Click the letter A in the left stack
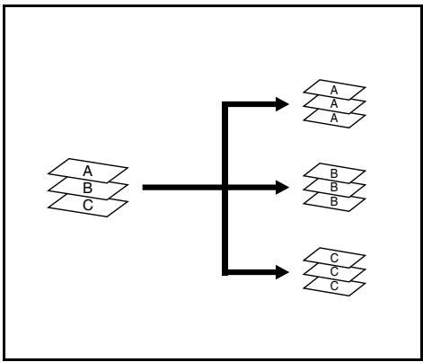pos(87,171)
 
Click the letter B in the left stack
pos(87,188)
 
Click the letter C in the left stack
pos(88,205)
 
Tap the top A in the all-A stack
pos(334,90)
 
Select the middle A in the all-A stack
pos(334,103)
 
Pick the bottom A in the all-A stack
pos(334,118)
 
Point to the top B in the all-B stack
pos(334,173)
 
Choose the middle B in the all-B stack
pos(334,187)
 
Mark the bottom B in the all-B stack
pos(334,201)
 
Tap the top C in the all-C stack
pos(334,258)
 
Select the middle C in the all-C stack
pos(334,271)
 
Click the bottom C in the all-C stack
pos(334,286)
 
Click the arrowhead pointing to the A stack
pos(282,104)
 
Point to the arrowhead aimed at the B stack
pos(282,188)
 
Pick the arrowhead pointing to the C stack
pos(282,272)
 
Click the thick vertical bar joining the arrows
pos(225,189)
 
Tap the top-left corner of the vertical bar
pos(222,102)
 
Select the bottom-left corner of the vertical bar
pos(222,276)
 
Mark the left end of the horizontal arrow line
pos(143,188)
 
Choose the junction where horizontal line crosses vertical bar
pos(225,188)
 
